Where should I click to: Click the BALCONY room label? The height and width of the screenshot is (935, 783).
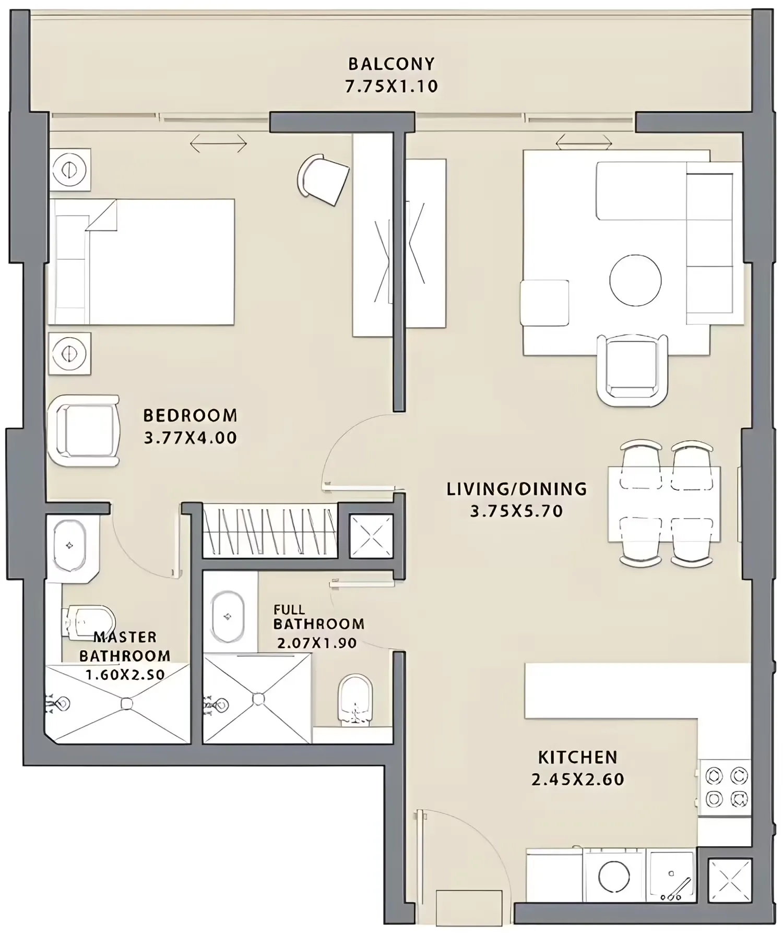[391, 64]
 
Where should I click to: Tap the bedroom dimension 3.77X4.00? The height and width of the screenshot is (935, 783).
[191, 437]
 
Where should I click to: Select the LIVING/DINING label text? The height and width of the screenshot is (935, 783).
[517, 489]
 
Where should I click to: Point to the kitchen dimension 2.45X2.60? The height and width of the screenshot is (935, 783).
[578, 779]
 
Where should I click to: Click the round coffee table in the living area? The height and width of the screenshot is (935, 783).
[635, 280]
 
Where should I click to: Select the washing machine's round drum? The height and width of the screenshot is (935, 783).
[614, 877]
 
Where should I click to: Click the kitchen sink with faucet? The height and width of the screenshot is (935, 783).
[671, 877]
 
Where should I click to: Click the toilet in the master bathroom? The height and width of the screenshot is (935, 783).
[89, 622]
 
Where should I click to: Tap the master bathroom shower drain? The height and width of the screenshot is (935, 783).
[126, 703]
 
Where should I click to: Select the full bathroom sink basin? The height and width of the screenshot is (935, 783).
[228, 617]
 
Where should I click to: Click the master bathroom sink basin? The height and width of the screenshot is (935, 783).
[69, 546]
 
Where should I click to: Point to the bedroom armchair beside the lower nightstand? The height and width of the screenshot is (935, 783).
[84, 430]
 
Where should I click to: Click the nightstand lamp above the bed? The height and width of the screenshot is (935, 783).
[69, 170]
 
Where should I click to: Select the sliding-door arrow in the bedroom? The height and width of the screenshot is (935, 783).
[218, 143]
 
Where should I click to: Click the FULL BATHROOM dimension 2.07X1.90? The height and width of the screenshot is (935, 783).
[317, 643]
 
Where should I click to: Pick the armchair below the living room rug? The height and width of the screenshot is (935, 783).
[632, 370]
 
